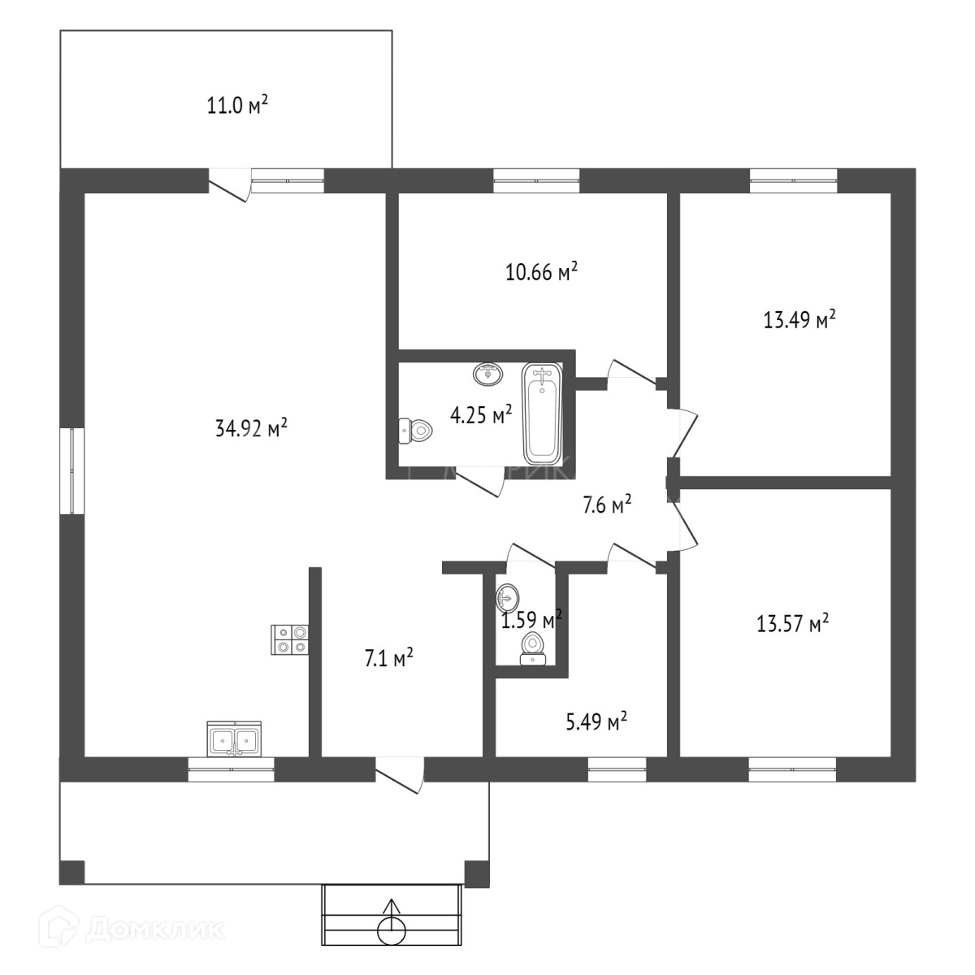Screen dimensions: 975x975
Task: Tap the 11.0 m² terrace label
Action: [236, 106]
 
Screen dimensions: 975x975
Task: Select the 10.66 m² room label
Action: [541, 271]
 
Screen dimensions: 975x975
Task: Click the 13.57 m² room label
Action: [792, 624]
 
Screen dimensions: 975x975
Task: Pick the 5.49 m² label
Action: [596, 721]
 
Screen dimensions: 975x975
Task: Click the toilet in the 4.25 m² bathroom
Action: [416, 431]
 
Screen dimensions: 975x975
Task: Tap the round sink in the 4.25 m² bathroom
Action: [489, 375]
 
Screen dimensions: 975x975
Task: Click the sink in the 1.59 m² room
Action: [508, 598]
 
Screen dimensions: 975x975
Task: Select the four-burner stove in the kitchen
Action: [290, 639]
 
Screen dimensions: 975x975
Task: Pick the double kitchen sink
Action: [235, 739]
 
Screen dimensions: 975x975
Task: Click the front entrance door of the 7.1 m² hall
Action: [400, 773]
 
